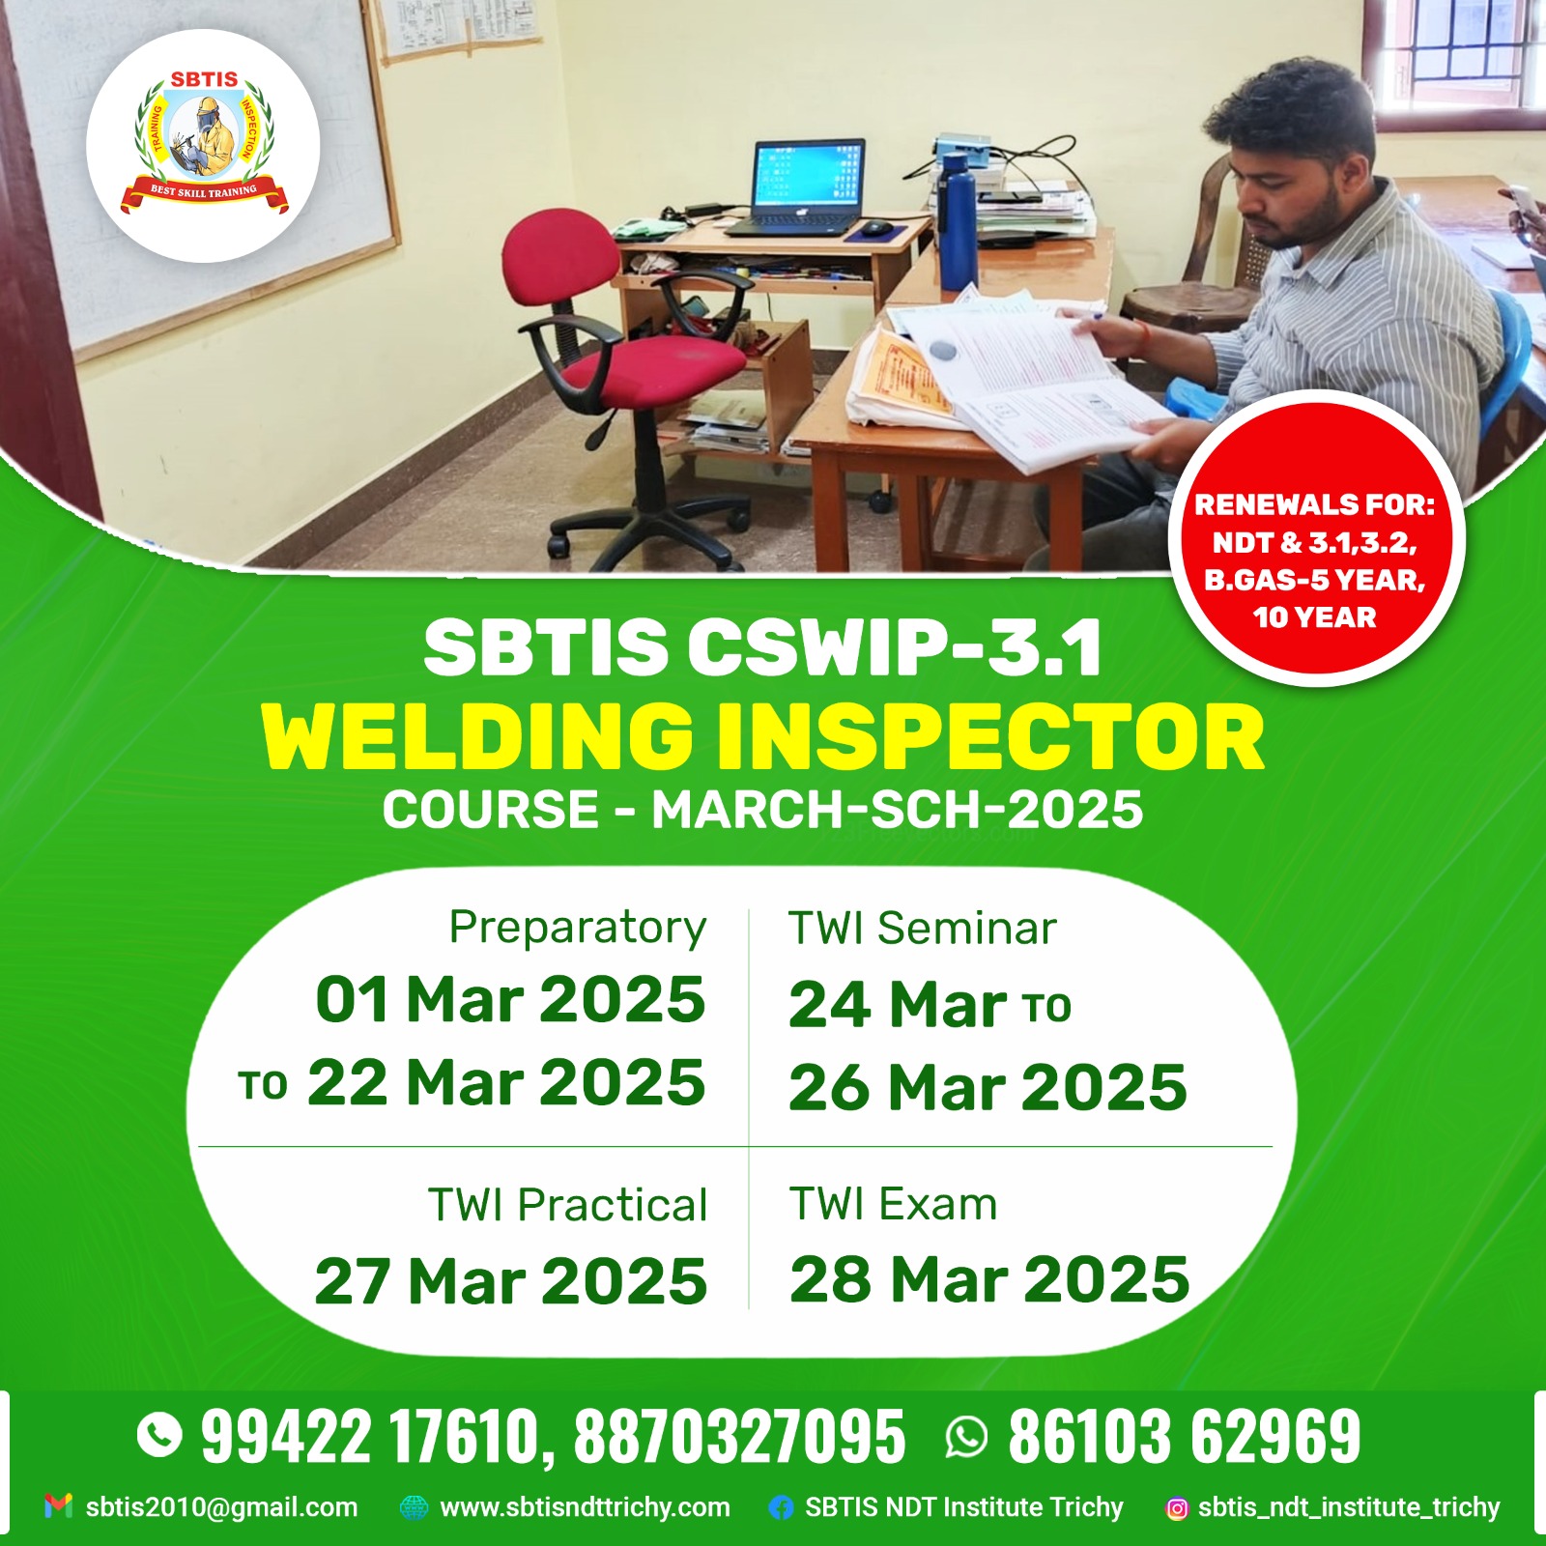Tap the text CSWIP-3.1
[895, 647]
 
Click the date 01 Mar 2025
[510, 999]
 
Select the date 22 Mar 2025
[506, 1082]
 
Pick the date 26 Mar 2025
[988, 1088]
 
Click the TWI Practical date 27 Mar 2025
[511, 1281]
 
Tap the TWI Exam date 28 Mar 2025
[989, 1279]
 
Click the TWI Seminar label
[923, 929]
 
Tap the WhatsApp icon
[967, 1436]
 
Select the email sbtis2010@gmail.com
[221, 1507]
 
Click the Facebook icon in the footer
[781, 1507]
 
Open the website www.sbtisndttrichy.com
[585, 1507]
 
